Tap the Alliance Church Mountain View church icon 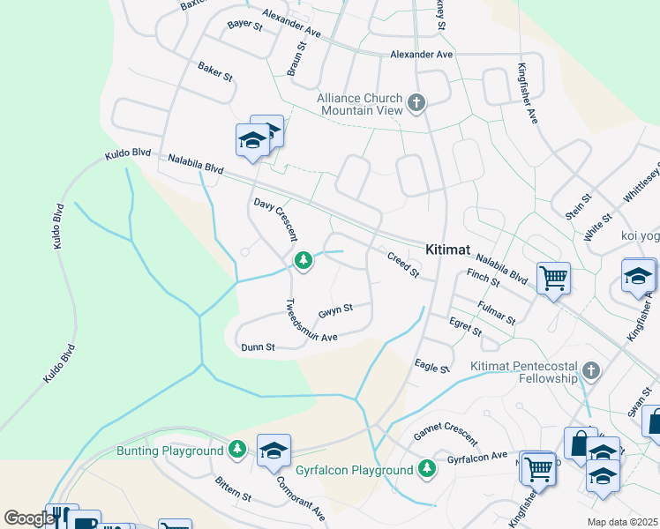click(x=416, y=105)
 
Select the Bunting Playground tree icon click(x=236, y=451)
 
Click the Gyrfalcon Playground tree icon click(x=427, y=468)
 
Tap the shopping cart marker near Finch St click(x=553, y=279)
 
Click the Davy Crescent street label click(x=274, y=220)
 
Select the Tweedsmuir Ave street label click(x=311, y=321)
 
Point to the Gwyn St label click(x=335, y=310)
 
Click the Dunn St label click(x=259, y=348)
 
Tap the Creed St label click(x=403, y=264)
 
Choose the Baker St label click(x=214, y=71)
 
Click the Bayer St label click(x=244, y=26)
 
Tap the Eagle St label click(x=432, y=365)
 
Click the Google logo click(x=28, y=518)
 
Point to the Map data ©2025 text click(x=621, y=522)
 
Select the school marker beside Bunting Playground click(x=274, y=451)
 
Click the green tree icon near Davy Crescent click(x=303, y=260)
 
